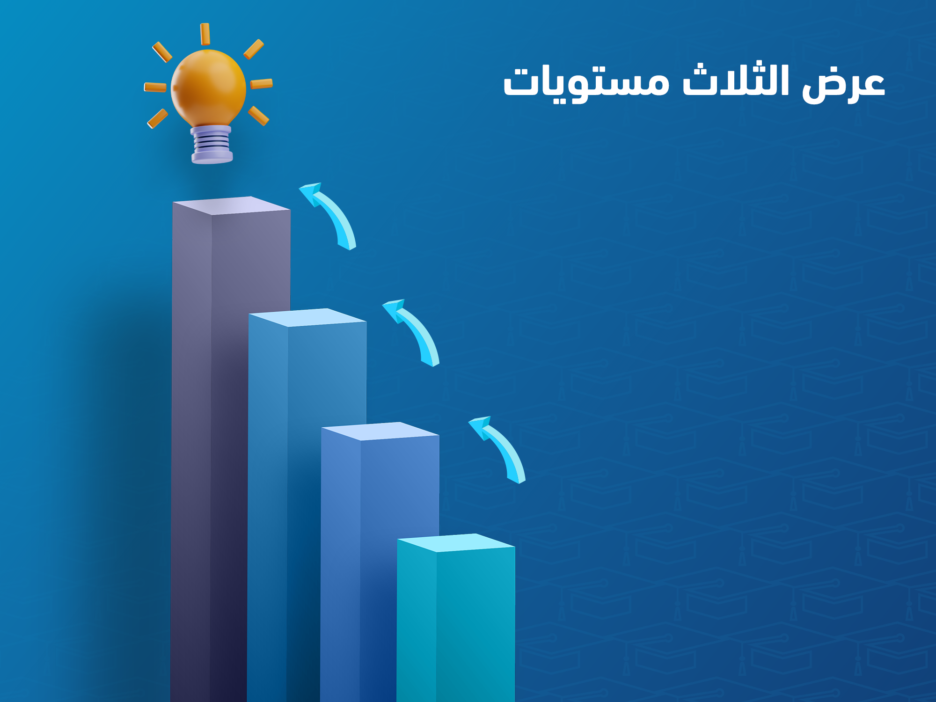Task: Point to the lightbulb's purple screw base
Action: pos(212,145)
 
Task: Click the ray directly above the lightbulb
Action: pos(205,34)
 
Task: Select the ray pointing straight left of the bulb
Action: pos(155,87)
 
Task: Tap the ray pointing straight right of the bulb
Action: pos(261,84)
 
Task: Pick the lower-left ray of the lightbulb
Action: pos(158,118)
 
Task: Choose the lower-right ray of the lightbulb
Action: pos(258,116)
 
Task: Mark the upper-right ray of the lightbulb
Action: pos(254,49)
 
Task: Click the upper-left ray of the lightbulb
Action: pos(162,52)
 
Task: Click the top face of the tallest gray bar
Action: pos(232,205)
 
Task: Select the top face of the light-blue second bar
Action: pos(307,317)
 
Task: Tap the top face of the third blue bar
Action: pos(380,431)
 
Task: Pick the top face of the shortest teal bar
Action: pos(456,542)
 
